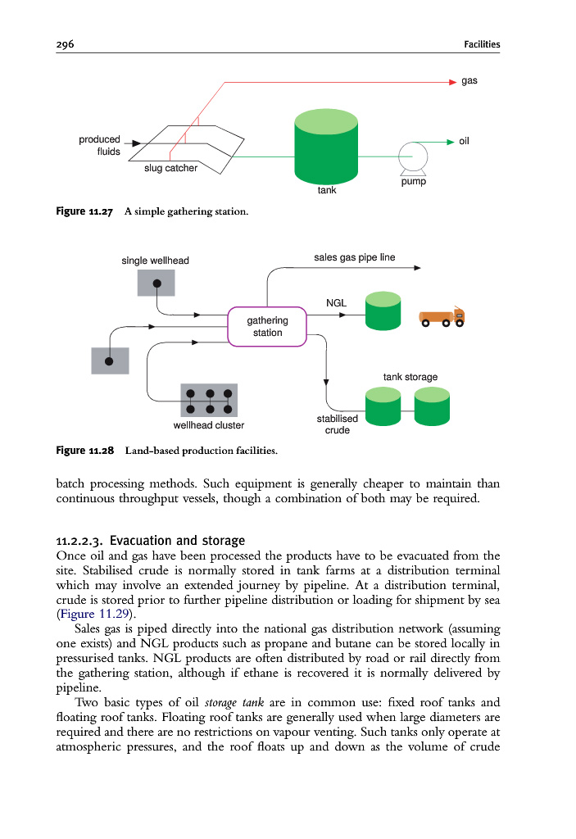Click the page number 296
66,44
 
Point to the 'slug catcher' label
170,169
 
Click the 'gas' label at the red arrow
469,81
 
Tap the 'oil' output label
464,142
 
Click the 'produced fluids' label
99,146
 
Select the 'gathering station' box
267,327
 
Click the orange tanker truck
442,318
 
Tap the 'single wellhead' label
155,261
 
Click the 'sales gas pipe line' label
354,257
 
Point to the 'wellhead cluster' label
209,425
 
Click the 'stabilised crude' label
337,424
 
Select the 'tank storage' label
410,377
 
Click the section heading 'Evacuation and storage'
177,541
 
